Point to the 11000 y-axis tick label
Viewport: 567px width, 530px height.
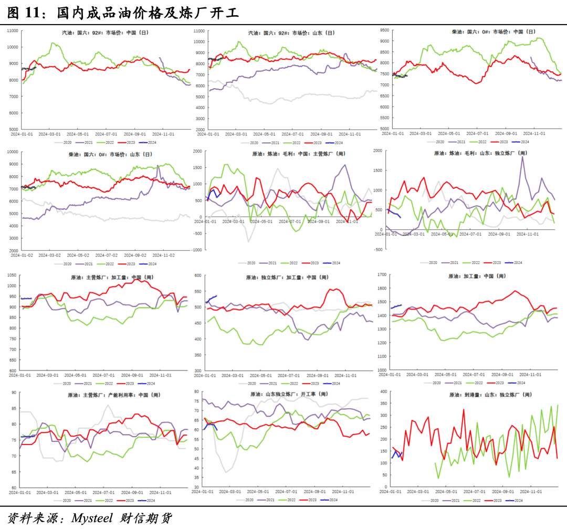coord(12,30)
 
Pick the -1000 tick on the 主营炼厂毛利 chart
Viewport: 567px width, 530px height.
coord(195,250)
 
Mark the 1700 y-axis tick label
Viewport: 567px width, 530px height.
coord(382,274)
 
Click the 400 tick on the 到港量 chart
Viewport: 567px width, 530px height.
coord(383,392)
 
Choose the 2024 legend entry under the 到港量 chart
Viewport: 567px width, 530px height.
coord(518,501)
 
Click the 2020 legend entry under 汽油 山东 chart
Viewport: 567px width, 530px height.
coord(254,143)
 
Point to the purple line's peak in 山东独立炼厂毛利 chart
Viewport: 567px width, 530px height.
coord(522,156)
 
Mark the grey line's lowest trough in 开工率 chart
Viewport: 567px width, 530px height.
coord(226,472)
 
